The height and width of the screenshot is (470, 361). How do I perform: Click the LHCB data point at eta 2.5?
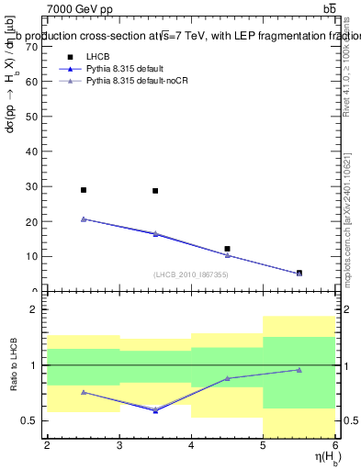[84, 190]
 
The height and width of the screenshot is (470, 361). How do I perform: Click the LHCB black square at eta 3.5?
[155, 191]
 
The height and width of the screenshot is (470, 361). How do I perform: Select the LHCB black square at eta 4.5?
[227, 249]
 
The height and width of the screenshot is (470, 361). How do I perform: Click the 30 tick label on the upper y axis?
[34, 186]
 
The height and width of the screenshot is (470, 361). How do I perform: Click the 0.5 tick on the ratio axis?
[32, 420]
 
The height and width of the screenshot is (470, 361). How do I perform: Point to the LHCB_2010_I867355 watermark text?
[191, 274]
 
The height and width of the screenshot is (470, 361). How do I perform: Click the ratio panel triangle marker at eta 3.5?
[155, 410]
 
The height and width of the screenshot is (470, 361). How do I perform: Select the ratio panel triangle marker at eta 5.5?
[299, 370]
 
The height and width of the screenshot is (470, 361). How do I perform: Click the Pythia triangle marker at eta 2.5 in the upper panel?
[84, 219]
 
